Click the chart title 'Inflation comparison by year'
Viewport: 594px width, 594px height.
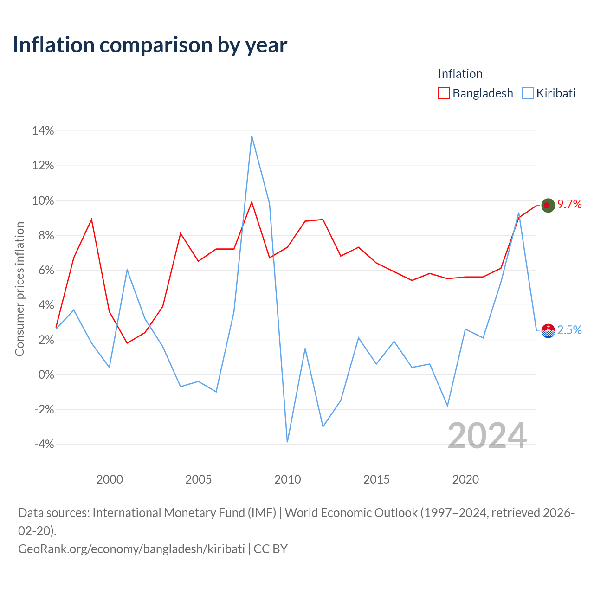pos(150,45)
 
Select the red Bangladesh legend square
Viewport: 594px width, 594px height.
pos(444,93)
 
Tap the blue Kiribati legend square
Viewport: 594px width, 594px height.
pos(527,93)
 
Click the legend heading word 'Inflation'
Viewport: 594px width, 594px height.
pos(460,74)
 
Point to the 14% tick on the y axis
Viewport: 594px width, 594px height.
pos(43,131)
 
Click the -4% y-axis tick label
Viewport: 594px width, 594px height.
pos(44,444)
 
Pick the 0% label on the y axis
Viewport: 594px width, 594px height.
pos(46,374)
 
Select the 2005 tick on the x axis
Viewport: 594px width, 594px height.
pos(198,479)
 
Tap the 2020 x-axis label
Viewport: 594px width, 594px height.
pos(465,479)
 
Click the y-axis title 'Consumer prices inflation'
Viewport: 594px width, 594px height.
pos(19,289)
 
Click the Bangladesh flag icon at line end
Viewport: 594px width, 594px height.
pos(548,205)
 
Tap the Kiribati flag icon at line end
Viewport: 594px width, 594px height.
pos(548,331)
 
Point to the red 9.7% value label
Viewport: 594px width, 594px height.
pos(569,204)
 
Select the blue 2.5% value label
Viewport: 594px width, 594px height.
pos(569,330)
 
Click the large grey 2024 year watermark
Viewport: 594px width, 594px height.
pos(487,436)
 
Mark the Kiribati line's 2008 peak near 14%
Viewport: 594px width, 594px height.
pos(252,136)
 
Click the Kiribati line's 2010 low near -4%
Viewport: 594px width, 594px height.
pos(287,442)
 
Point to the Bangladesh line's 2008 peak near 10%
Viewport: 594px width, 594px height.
pos(252,202)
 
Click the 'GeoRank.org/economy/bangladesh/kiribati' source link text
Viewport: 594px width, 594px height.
pos(132,549)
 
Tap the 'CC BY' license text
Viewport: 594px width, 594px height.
pos(271,549)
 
